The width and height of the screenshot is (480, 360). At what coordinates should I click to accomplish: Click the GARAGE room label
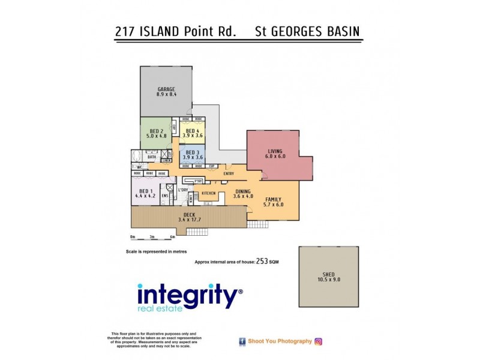point(166,90)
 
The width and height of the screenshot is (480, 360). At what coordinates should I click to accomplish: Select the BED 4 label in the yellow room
point(192,131)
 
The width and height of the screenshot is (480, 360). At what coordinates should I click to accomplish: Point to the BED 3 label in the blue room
point(192,153)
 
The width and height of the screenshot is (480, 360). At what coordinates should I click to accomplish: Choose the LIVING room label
point(274,152)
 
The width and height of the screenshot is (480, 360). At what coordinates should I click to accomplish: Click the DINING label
point(235,191)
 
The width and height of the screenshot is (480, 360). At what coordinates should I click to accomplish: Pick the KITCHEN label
point(209,193)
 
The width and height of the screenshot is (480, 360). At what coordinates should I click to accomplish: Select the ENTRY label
point(229,174)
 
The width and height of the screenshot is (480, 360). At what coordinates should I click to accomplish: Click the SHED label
point(328,274)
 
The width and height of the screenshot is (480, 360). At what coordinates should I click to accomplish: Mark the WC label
point(139,167)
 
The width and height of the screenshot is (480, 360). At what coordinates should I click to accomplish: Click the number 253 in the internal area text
point(262,261)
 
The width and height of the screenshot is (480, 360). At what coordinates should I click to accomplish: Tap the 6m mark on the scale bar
point(172,236)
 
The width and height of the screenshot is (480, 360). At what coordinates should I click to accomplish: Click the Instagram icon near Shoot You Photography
point(319,341)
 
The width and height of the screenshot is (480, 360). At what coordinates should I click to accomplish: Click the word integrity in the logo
point(188,296)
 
